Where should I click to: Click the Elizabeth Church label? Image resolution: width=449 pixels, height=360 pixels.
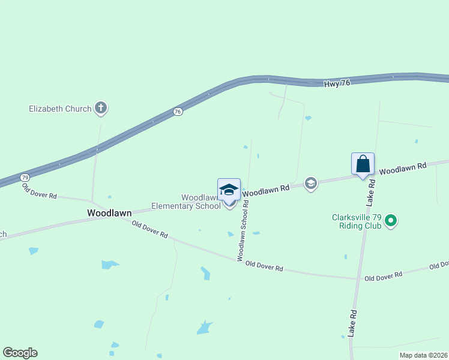coord(60,109)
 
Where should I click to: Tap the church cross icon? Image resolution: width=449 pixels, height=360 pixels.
coord(101,109)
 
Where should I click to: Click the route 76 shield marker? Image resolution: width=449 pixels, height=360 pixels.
coord(178,112)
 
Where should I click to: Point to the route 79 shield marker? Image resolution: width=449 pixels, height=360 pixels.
coord(25,178)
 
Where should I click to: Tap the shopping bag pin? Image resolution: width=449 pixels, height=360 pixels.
coord(363,164)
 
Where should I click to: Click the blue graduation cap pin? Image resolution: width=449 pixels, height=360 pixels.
coord(229,190)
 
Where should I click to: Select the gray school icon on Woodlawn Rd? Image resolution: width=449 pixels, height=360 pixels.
coord(310,183)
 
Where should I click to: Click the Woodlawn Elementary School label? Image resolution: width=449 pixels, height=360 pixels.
coord(186,202)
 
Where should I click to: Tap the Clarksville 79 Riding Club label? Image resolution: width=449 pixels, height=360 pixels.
coord(357,222)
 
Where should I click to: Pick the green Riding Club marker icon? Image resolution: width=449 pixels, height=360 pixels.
coord(391,221)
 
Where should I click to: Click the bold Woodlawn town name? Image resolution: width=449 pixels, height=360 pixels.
coord(109,212)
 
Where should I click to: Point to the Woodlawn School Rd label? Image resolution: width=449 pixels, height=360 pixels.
coord(243,230)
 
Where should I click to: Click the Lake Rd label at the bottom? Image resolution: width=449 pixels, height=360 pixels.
coord(353,323)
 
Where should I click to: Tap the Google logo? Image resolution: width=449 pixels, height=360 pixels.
coord(20,353)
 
